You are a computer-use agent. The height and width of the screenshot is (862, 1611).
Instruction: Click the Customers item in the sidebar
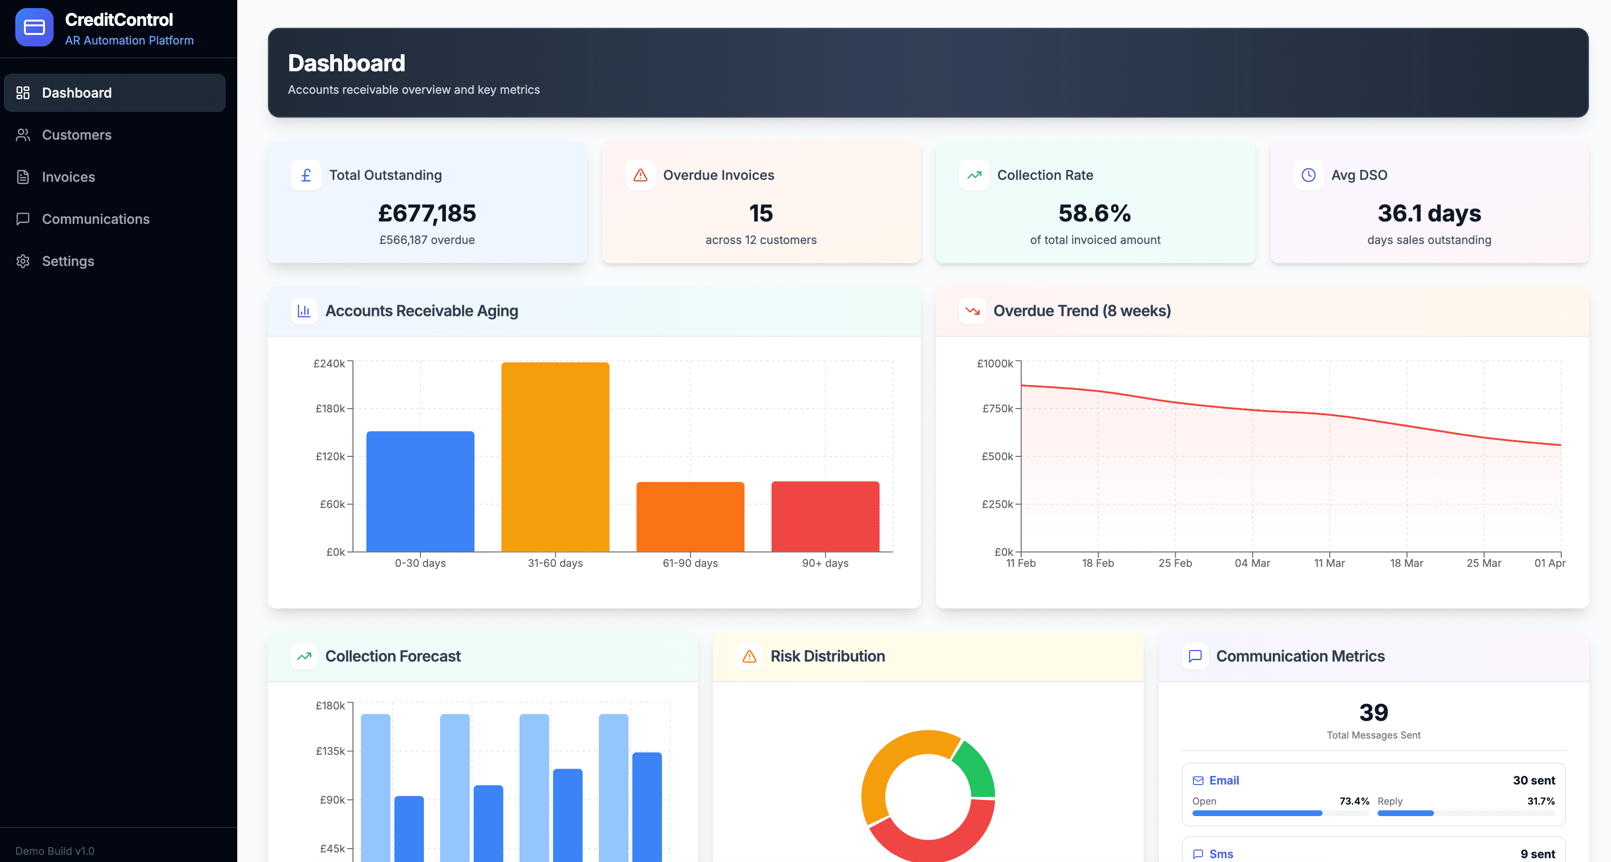point(77,134)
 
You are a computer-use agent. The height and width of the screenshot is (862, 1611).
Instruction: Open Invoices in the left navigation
point(68,177)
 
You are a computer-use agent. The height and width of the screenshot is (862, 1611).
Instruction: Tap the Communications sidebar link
point(95,219)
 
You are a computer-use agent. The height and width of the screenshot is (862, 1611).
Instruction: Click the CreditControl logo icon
point(34,28)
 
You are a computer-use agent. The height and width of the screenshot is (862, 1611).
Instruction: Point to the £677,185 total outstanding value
point(427,213)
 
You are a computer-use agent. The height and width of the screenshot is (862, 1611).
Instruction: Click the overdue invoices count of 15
point(761,213)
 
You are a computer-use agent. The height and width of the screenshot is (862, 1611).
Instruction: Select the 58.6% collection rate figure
point(1094,213)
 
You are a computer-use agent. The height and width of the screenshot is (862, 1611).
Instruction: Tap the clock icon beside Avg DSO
point(1308,175)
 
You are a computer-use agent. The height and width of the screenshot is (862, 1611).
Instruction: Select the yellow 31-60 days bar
point(555,457)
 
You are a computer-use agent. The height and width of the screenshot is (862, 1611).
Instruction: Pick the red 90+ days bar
point(825,516)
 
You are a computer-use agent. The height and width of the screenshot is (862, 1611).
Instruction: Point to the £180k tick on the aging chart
point(330,409)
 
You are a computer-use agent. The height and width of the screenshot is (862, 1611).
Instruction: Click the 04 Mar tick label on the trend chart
point(1252,563)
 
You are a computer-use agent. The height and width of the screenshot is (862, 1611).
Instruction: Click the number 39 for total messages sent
point(1373,712)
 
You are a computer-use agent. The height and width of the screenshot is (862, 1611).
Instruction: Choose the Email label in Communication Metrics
point(1223,780)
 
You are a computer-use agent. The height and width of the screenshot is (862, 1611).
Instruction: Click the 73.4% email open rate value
point(1354,801)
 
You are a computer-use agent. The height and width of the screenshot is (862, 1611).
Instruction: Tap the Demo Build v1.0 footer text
point(55,851)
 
